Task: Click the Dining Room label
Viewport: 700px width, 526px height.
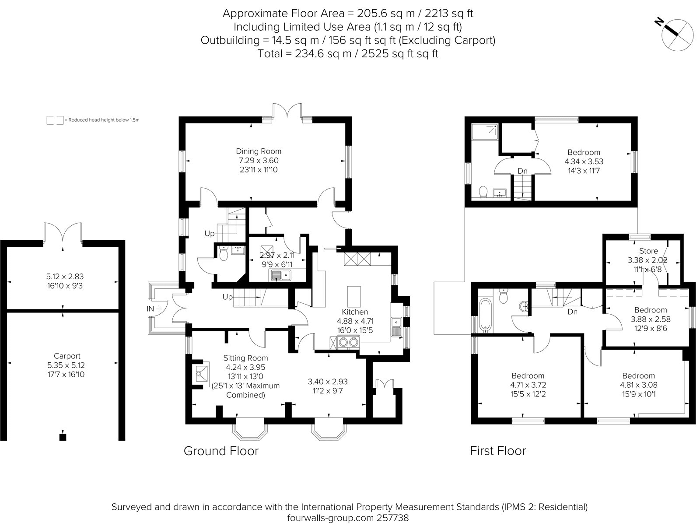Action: (259, 151)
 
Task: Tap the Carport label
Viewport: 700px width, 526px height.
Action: (67, 356)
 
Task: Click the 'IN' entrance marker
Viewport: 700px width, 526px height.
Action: (150, 309)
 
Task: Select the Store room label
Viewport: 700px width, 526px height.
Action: (648, 251)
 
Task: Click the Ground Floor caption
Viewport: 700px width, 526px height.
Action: (221, 451)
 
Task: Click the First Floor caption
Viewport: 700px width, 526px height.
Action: (498, 451)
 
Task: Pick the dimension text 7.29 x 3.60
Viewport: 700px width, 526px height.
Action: (259, 161)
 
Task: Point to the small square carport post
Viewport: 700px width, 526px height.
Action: (63, 436)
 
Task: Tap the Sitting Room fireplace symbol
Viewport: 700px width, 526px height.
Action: (203, 373)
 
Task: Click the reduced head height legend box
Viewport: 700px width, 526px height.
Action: (55, 120)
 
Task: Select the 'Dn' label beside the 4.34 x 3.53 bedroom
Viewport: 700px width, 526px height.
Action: (522, 171)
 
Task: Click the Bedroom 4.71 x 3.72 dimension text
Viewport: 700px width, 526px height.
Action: (528, 385)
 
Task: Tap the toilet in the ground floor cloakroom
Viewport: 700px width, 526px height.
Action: (224, 254)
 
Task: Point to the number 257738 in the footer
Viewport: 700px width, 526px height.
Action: (390, 518)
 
